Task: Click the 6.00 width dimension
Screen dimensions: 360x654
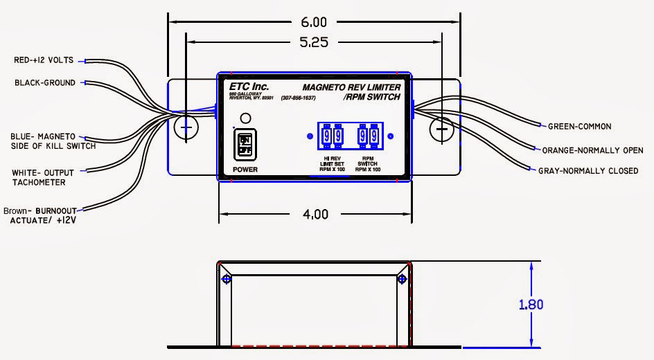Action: [313, 22]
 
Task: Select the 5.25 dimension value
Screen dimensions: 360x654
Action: [313, 42]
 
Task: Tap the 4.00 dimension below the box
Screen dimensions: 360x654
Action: [315, 214]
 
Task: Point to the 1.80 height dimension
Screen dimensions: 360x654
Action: [530, 304]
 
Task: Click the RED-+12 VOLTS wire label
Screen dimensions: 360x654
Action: [43, 61]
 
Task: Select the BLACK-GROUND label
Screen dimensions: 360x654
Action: [45, 83]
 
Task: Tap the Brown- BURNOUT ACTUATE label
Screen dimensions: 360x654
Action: [41, 215]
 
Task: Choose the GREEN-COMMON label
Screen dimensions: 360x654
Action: [579, 127]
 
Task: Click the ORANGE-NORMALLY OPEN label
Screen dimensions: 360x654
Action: [592, 150]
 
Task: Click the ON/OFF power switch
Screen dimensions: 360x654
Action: [245, 144]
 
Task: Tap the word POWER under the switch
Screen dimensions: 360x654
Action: [245, 169]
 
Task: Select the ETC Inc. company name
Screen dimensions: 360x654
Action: [249, 87]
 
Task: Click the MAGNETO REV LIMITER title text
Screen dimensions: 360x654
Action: [351, 87]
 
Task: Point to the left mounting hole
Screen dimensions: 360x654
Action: [185, 128]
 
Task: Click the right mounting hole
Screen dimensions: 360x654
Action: [441, 128]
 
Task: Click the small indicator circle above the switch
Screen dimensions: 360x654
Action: [245, 117]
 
